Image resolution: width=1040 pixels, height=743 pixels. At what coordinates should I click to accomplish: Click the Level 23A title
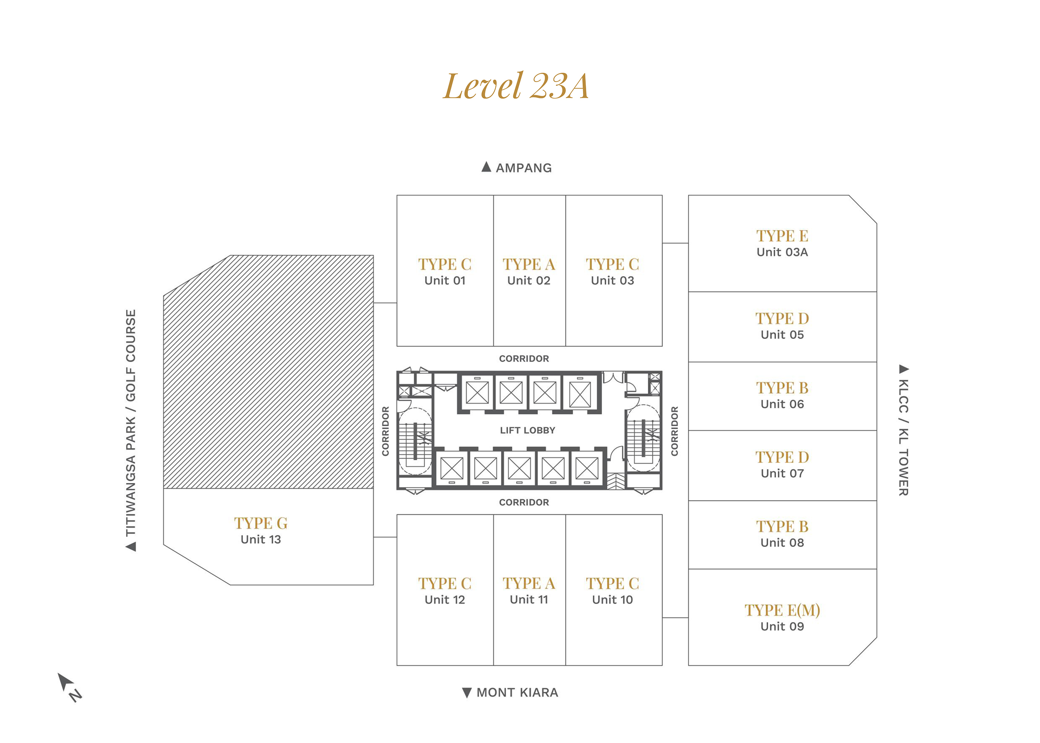point(516,86)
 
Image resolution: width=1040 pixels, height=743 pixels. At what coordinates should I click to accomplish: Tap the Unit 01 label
point(445,280)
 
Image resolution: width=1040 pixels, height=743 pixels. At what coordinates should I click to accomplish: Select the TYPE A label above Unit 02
point(529,264)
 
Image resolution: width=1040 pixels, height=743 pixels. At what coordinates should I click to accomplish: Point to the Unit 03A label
point(782,252)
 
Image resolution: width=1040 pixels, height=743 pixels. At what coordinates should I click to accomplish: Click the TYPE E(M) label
point(782,610)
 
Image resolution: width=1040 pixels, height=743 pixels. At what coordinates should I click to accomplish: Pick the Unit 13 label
point(261,539)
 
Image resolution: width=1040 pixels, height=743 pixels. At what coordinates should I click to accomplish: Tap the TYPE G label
point(261,523)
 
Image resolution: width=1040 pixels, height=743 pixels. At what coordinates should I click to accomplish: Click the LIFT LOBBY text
point(528,430)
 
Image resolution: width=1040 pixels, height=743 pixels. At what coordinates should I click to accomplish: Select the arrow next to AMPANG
point(486,167)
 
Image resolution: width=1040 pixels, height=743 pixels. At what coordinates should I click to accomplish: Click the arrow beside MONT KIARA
point(467,693)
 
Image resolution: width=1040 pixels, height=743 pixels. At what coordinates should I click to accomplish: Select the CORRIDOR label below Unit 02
point(524,359)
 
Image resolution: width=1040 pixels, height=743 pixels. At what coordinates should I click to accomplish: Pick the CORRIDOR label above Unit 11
point(524,503)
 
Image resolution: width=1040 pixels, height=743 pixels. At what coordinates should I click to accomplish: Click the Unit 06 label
point(782,404)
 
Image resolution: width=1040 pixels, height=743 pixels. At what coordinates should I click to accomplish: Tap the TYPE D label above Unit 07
point(782,457)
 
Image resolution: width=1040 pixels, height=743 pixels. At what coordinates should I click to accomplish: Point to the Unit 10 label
point(612,599)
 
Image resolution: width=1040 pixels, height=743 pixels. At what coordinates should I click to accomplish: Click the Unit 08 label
point(782,543)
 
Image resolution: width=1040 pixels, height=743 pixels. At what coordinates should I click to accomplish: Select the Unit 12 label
point(445,599)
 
